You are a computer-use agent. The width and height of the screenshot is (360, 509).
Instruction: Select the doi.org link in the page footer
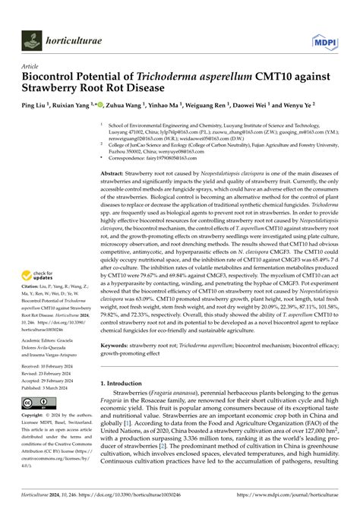(137, 496)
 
